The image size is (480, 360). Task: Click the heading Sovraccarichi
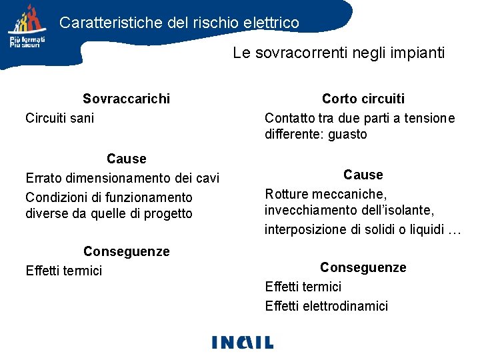point(126,99)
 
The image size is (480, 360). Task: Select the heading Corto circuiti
point(363,99)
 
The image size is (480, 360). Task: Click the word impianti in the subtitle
point(417,53)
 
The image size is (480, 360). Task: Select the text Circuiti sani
point(59,118)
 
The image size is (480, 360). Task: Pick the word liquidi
point(425,230)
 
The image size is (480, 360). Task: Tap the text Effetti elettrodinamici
point(326,306)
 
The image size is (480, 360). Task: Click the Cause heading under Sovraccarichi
point(126,159)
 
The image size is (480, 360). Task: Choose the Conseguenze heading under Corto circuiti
point(363,267)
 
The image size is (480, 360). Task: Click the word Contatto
point(288,118)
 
